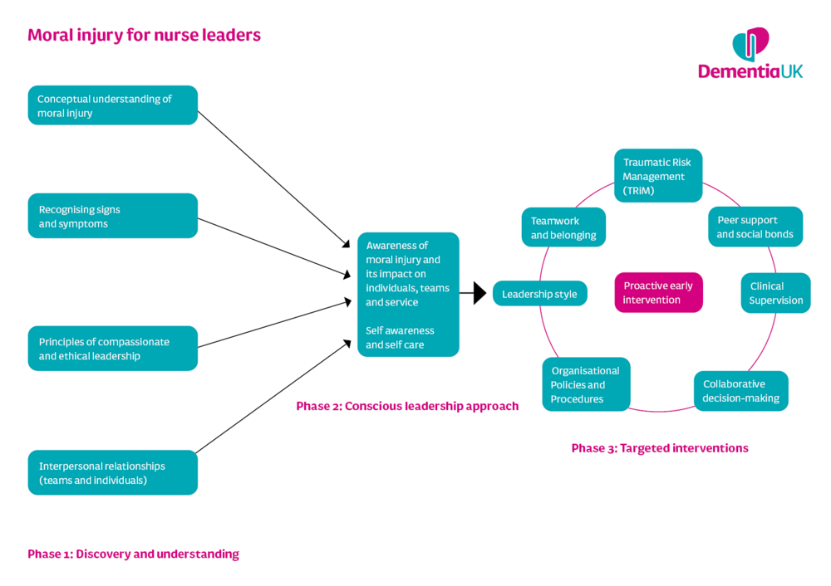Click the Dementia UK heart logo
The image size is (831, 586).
(750, 45)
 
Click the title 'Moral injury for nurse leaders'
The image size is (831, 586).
(144, 35)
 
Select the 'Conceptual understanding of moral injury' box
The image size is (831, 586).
(113, 105)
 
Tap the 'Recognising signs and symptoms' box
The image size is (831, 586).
(113, 216)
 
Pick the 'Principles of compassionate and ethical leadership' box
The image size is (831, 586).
(113, 349)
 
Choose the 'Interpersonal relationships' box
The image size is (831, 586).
(113, 473)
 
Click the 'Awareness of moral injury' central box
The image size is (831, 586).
(408, 295)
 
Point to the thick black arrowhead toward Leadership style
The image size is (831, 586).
(479, 293)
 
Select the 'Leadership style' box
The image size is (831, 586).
(540, 293)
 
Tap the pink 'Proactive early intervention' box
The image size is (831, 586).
(659, 293)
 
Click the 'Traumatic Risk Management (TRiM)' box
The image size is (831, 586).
(658, 176)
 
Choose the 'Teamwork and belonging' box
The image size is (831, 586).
(563, 227)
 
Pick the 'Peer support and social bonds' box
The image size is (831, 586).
(755, 227)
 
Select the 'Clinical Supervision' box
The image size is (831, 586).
(776, 293)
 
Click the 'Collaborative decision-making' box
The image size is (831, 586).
(741, 391)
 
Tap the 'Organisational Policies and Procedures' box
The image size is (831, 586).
(586, 384)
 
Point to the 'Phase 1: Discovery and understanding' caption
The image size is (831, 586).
(133, 554)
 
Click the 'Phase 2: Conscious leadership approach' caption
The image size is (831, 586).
(407, 406)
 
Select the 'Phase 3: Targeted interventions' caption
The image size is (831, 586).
(660, 448)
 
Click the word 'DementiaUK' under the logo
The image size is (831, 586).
(750, 71)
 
